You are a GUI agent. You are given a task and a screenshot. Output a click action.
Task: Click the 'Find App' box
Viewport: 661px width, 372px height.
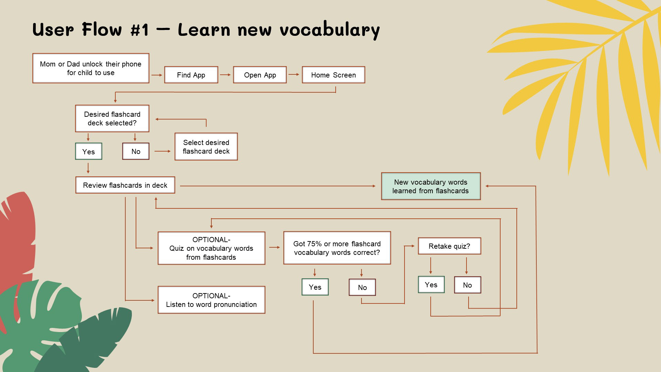191,75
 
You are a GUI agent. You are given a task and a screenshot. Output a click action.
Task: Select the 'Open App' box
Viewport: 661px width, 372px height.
260,75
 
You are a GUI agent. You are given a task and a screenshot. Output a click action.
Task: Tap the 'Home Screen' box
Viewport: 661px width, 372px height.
333,75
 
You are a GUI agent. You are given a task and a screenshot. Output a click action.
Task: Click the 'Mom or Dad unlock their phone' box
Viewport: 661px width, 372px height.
91,68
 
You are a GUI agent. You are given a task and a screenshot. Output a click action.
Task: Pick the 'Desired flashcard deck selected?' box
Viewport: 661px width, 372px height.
112,118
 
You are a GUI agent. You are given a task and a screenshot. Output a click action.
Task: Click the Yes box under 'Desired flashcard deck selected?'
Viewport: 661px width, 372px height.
88,151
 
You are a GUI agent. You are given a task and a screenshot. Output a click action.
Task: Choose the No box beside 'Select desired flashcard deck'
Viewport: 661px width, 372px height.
136,151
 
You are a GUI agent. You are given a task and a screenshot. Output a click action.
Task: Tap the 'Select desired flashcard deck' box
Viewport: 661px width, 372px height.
206,147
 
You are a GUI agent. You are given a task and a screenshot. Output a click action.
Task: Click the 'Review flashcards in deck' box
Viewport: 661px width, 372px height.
125,185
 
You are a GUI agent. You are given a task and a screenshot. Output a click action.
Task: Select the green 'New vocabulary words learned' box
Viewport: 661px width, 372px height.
431,186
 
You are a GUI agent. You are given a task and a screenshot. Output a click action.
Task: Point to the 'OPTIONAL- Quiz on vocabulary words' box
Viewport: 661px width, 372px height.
211,248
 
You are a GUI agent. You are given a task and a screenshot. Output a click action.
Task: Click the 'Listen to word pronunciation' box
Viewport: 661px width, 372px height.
211,300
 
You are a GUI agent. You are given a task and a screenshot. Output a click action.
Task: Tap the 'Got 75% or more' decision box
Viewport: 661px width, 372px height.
337,248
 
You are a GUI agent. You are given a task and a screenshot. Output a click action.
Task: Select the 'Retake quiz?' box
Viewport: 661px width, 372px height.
449,246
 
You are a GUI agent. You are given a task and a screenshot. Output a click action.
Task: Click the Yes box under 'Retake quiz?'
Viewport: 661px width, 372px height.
431,285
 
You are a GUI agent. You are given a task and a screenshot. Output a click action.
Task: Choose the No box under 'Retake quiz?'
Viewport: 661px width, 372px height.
467,285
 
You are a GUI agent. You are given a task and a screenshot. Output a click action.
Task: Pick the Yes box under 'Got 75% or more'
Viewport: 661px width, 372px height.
315,287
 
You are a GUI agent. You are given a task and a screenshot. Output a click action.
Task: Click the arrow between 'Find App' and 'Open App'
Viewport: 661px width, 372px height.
225,75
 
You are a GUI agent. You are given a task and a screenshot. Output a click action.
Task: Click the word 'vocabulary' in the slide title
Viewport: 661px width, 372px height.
329,30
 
